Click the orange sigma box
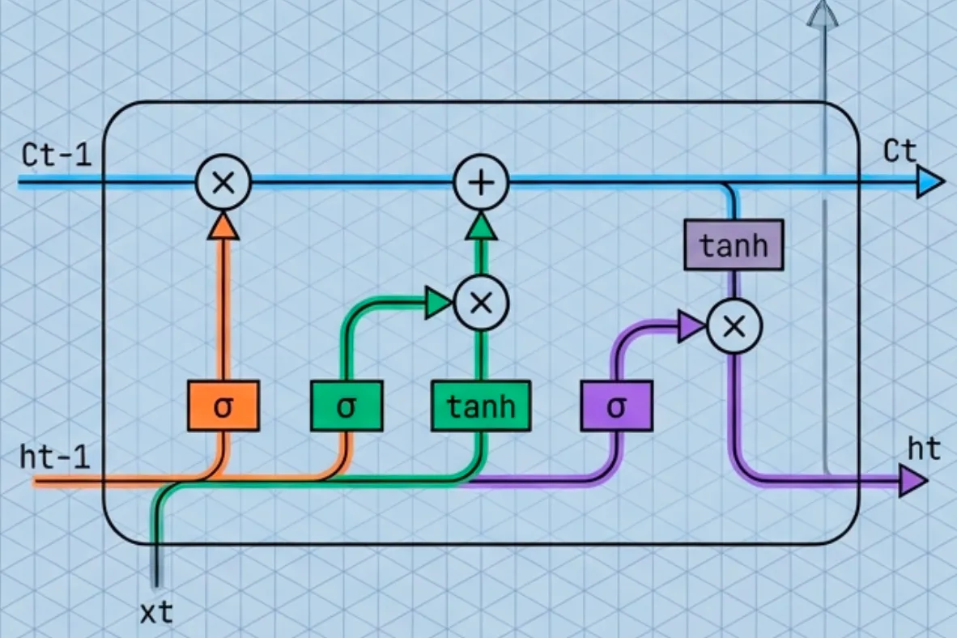click(x=223, y=406)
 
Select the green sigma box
click(x=347, y=406)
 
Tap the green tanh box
click(x=481, y=406)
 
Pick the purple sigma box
click(x=617, y=406)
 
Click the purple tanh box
click(x=734, y=245)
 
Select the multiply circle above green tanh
click(x=481, y=303)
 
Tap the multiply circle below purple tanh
click(x=734, y=326)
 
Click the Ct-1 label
click(x=57, y=155)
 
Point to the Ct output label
click(x=900, y=152)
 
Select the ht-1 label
click(x=55, y=456)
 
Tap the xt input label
click(x=156, y=612)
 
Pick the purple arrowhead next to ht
click(x=913, y=483)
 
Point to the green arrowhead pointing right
click(x=438, y=303)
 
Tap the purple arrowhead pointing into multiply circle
click(x=691, y=326)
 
